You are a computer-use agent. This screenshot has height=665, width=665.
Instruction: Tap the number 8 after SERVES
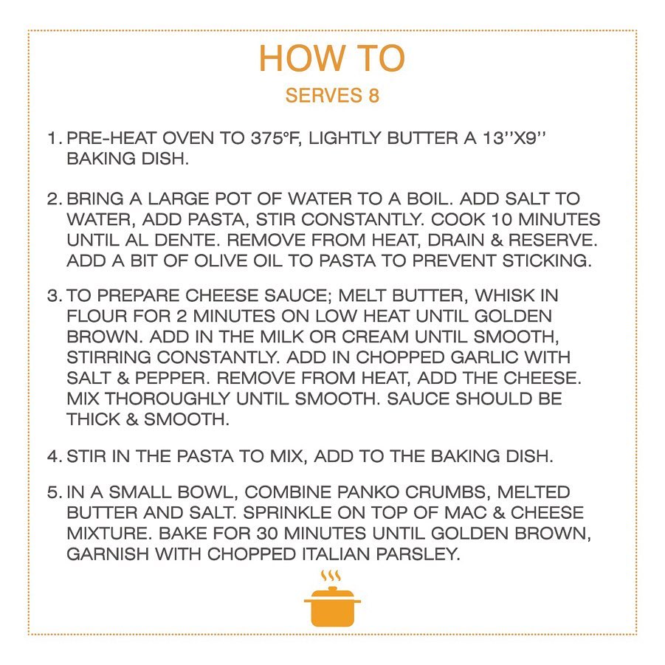pos(373,95)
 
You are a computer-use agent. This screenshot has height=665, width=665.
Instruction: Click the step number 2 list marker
pos(54,199)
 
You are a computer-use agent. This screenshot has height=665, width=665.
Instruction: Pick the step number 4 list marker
pos(54,456)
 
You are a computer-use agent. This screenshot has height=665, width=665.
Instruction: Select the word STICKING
pos(547,261)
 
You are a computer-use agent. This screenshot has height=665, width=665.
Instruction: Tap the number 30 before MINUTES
pos(267,534)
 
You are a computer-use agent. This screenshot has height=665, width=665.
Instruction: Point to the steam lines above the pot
pos(331,576)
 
